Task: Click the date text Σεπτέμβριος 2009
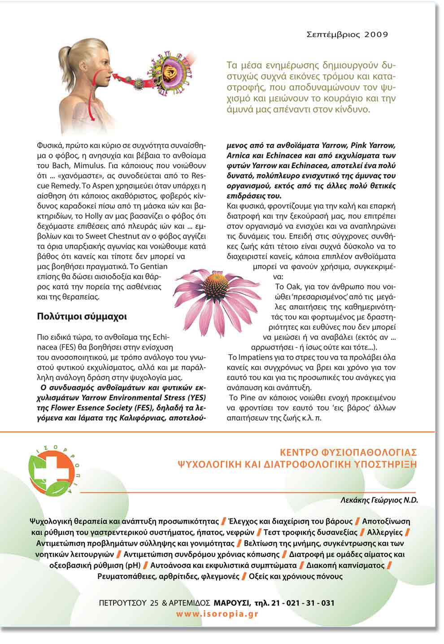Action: point(347,34)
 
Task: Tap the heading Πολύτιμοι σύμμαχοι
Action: point(82,317)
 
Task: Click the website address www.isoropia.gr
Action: point(217,614)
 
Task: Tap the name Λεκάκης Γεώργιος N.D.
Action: point(379,500)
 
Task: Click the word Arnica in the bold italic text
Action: point(239,156)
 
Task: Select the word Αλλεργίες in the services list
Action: point(384,532)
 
